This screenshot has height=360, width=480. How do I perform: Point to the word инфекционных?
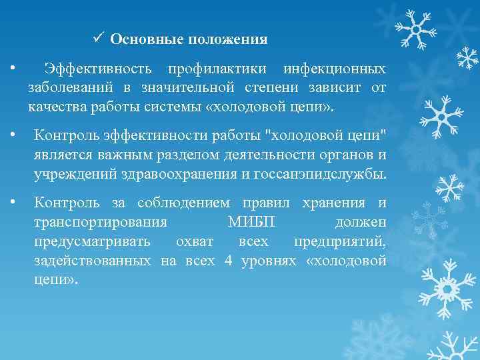point(334,69)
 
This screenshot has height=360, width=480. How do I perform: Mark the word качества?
point(55,107)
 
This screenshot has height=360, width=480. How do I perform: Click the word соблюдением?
point(183,203)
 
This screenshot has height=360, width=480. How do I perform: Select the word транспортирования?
point(100,222)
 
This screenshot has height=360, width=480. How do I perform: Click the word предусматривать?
point(92,241)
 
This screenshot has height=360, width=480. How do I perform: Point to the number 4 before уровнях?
point(228,261)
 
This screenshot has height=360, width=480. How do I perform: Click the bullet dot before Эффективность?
point(13,69)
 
